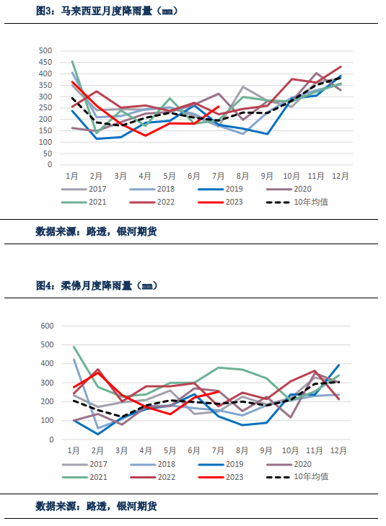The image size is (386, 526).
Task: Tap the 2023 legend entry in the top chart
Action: pyautogui.click(x=226, y=202)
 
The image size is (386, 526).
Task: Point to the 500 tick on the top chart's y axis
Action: pyautogui.click(x=45, y=51)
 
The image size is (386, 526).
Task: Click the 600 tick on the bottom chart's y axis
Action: pyautogui.click(x=45, y=326)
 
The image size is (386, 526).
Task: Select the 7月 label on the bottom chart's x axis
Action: pyautogui.click(x=219, y=450)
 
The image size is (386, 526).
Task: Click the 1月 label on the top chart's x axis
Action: pyautogui.click(x=72, y=175)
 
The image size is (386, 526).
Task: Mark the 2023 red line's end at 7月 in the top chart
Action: pyautogui.click(x=219, y=107)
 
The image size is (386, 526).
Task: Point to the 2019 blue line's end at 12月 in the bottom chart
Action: pyautogui.click(x=339, y=365)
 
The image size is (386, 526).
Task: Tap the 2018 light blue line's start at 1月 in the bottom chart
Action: pyautogui.click(x=74, y=360)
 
